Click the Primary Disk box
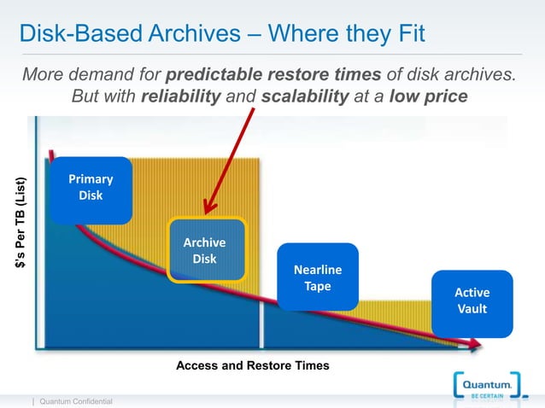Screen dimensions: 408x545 [90, 189]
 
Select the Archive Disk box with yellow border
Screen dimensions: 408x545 [206, 250]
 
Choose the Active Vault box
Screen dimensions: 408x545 [472, 300]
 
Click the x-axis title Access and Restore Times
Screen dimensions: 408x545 [252, 365]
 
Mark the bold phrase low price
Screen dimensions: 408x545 [428, 96]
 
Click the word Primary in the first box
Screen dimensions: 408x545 [91, 179]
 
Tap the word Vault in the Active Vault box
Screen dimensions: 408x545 [472, 309]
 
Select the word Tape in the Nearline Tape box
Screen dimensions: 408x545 [317, 287]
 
